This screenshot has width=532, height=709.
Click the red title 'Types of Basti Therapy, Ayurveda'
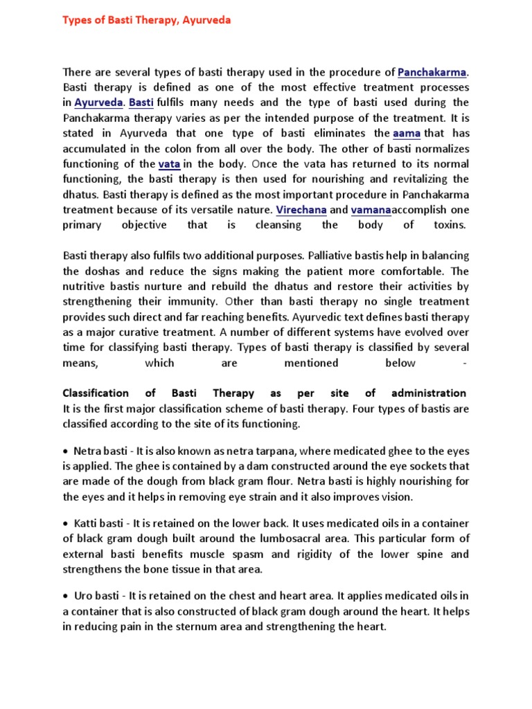click(147, 20)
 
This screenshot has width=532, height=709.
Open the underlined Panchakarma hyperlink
click(432, 72)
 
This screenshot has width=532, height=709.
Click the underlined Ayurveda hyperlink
click(99, 102)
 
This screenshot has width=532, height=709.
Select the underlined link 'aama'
click(406, 133)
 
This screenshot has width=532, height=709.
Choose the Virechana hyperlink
click(301, 209)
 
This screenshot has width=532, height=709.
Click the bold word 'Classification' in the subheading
click(96, 393)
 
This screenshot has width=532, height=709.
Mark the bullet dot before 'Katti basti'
click(66, 523)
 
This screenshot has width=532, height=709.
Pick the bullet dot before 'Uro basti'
click(66, 596)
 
